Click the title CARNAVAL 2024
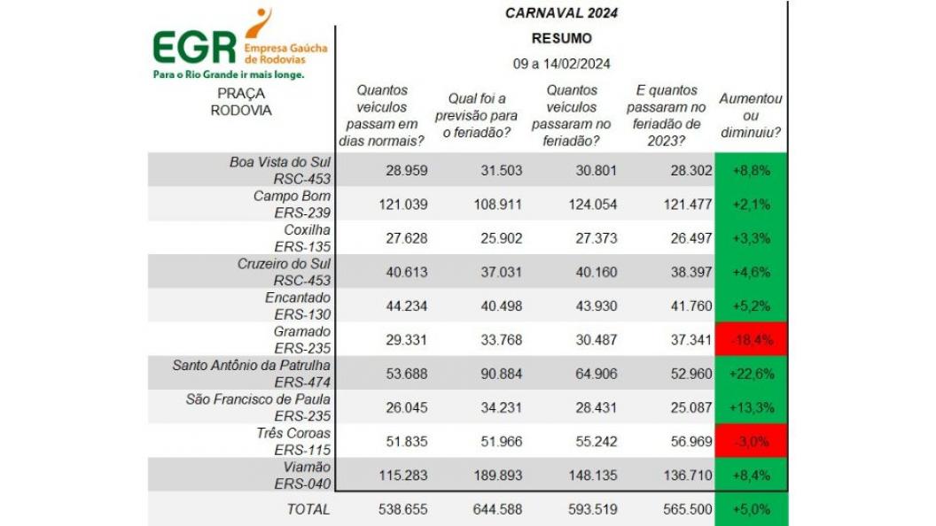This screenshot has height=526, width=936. coord(561,12)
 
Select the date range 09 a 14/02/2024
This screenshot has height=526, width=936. coord(561,64)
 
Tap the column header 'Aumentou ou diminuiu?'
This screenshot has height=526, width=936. coord(750,116)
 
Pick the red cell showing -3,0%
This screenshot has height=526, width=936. coord(751,441)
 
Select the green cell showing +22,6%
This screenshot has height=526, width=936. coord(751,374)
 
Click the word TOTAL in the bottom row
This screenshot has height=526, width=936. coord(308,509)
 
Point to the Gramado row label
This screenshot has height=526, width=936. coord(304,331)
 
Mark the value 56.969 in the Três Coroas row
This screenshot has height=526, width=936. coord(675,441)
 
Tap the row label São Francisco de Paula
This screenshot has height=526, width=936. coord(258,398)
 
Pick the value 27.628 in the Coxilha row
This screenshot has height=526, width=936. coord(404,238)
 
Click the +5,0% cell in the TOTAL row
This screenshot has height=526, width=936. coord(751,509)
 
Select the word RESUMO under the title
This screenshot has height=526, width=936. coord(561,38)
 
